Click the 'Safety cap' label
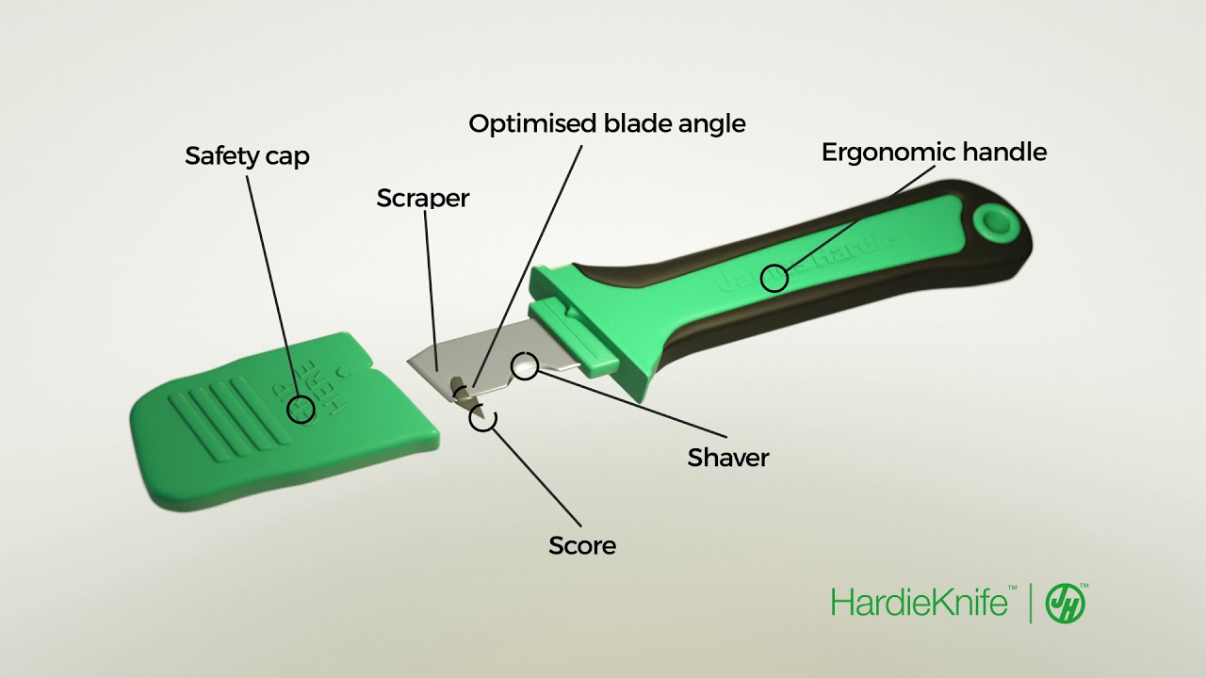tap(247, 155)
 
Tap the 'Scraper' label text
tap(422, 199)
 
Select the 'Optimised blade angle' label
tap(607, 123)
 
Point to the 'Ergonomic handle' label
tap(934, 152)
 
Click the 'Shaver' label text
tap(728, 458)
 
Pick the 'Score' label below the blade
tap(582, 545)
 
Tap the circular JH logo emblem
tap(1066, 603)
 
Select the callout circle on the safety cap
tap(301, 409)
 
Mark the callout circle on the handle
tap(774, 278)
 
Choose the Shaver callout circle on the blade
tap(524, 365)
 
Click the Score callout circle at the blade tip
tap(482, 418)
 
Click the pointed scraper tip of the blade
tap(411, 363)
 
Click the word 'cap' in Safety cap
tap(288, 156)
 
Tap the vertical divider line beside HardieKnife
tap(1030, 603)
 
